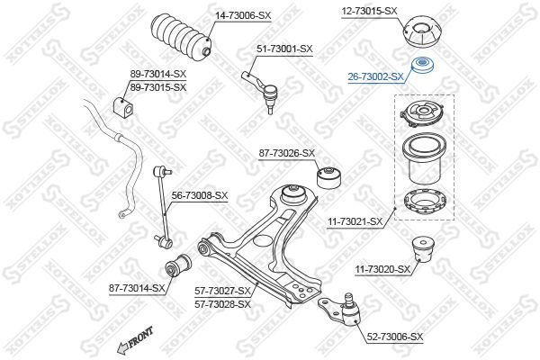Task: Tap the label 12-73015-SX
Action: point(368,11)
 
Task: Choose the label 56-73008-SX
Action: point(201,195)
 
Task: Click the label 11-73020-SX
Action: point(382,269)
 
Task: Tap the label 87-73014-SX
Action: point(137,288)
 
